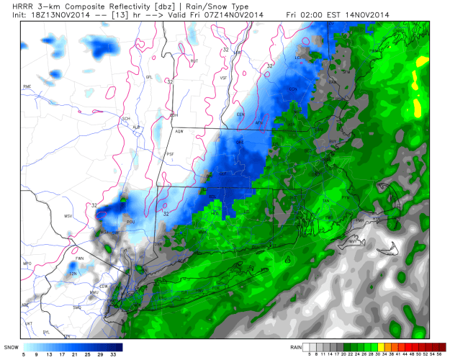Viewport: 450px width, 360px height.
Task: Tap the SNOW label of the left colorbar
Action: tap(12, 346)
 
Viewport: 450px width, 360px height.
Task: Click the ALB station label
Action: tap(136, 127)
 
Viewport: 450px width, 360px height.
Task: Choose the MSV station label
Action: tap(69, 216)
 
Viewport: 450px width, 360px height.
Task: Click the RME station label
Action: tap(28, 87)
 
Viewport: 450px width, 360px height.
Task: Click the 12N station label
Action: tap(73, 274)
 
